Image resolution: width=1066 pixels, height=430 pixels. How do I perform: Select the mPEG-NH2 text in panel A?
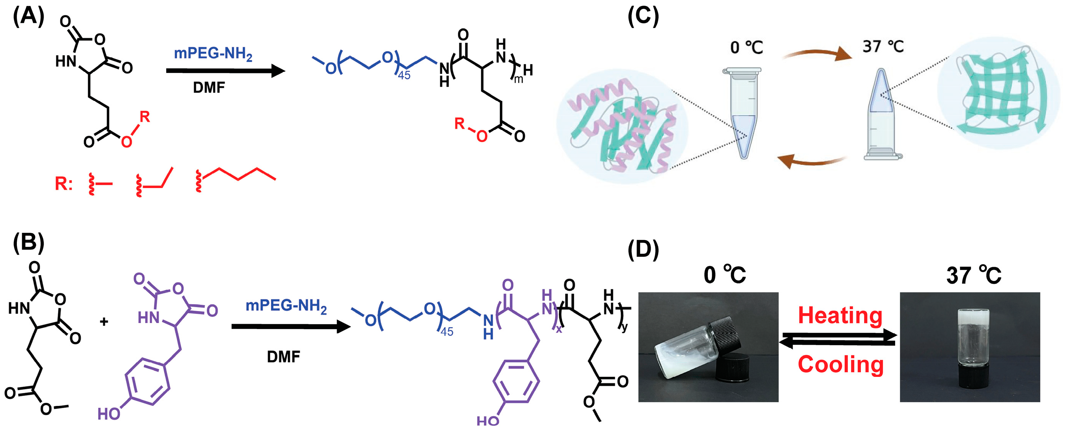tap(213, 54)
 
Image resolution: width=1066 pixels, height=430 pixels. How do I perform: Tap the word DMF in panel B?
tap(284, 356)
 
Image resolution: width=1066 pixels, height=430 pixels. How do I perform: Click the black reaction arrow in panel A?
tap(225, 71)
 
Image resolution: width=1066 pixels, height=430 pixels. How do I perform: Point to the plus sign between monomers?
tap(104, 321)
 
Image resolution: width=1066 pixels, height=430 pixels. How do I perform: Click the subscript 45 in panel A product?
tap(404, 76)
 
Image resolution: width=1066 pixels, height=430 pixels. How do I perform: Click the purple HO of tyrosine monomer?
tap(109, 414)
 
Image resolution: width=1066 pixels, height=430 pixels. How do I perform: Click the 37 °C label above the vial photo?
tap(973, 275)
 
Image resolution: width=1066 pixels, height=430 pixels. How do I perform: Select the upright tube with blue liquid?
tap(744, 114)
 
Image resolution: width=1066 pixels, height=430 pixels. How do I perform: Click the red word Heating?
tap(840, 315)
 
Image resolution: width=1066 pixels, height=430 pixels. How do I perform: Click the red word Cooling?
tap(840, 364)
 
